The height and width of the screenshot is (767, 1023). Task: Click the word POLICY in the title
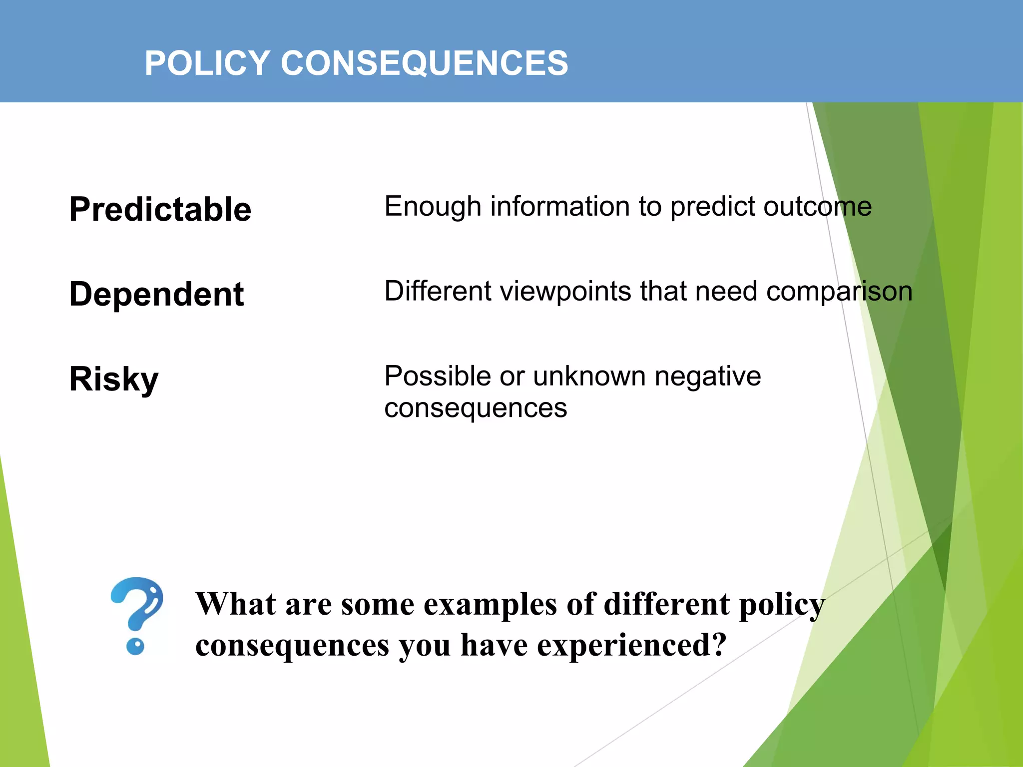click(x=207, y=63)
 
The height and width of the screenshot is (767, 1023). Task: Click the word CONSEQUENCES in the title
click(x=424, y=63)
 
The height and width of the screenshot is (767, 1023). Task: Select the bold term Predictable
click(x=160, y=209)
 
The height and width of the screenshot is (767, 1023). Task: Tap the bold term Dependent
click(x=156, y=294)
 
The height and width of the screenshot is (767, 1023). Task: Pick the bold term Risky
click(x=114, y=380)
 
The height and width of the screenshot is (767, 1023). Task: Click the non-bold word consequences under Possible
click(x=476, y=408)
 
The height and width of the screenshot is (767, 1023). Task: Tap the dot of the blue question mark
click(x=135, y=647)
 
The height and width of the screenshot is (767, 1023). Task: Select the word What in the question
click(x=235, y=604)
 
